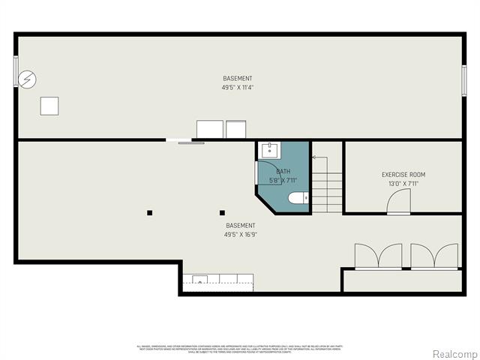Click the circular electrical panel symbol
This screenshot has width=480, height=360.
tap(28, 79)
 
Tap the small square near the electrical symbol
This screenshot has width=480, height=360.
tap(49, 106)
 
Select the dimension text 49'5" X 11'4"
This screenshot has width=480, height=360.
tap(238, 88)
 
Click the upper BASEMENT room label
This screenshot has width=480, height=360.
tap(238, 79)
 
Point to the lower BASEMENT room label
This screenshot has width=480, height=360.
tap(240, 225)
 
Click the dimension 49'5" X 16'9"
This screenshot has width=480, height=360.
tap(240, 234)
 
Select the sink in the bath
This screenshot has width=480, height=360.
tap(269, 150)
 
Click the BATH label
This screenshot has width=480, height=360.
tap(283, 172)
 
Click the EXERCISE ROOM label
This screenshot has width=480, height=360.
tap(403, 175)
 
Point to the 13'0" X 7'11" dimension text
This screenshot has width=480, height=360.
tap(403, 184)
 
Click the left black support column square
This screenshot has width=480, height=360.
tap(150, 212)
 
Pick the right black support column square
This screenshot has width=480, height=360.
tap(222, 212)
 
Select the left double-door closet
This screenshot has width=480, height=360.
tap(379, 256)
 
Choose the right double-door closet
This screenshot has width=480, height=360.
tap(434, 256)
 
